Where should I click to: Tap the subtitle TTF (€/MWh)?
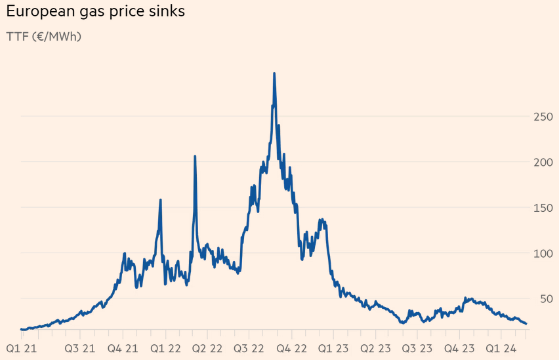(43, 37)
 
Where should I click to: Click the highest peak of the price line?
(274, 73)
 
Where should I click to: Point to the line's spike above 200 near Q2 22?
(195, 157)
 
